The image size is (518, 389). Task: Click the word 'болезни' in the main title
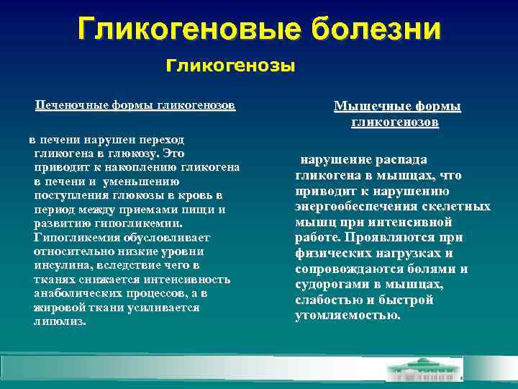click(x=376, y=30)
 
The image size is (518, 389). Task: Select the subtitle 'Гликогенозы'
click(x=230, y=67)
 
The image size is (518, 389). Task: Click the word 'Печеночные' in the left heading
click(x=69, y=105)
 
